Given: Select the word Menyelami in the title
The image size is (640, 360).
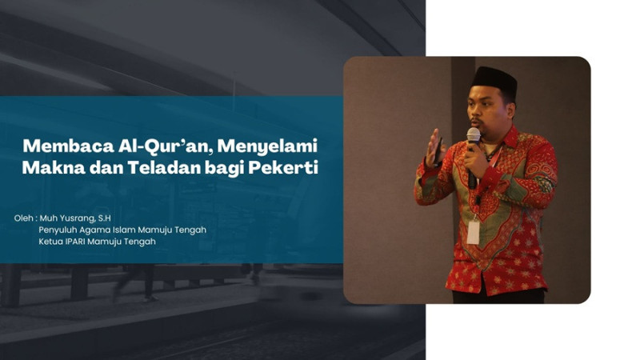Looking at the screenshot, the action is click(x=267, y=146).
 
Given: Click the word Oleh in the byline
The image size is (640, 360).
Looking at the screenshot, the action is click(x=24, y=218).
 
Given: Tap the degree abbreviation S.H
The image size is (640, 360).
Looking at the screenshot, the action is click(x=105, y=218).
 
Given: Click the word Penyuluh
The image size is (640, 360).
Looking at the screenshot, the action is click(x=58, y=230).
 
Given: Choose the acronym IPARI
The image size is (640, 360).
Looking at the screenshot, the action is click(x=75, y=242).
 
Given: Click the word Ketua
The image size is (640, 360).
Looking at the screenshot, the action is click(x=50, y=242).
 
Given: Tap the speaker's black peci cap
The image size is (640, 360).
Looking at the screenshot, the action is click(x=494, y=80).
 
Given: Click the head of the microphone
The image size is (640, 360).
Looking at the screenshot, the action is click(x=474, y=135).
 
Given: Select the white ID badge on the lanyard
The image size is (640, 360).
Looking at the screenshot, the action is click(x=473, y=232).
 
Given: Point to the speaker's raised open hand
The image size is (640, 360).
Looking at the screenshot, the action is click(x=435, y=147).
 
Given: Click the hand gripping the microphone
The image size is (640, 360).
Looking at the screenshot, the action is click(x=476, y=159).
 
